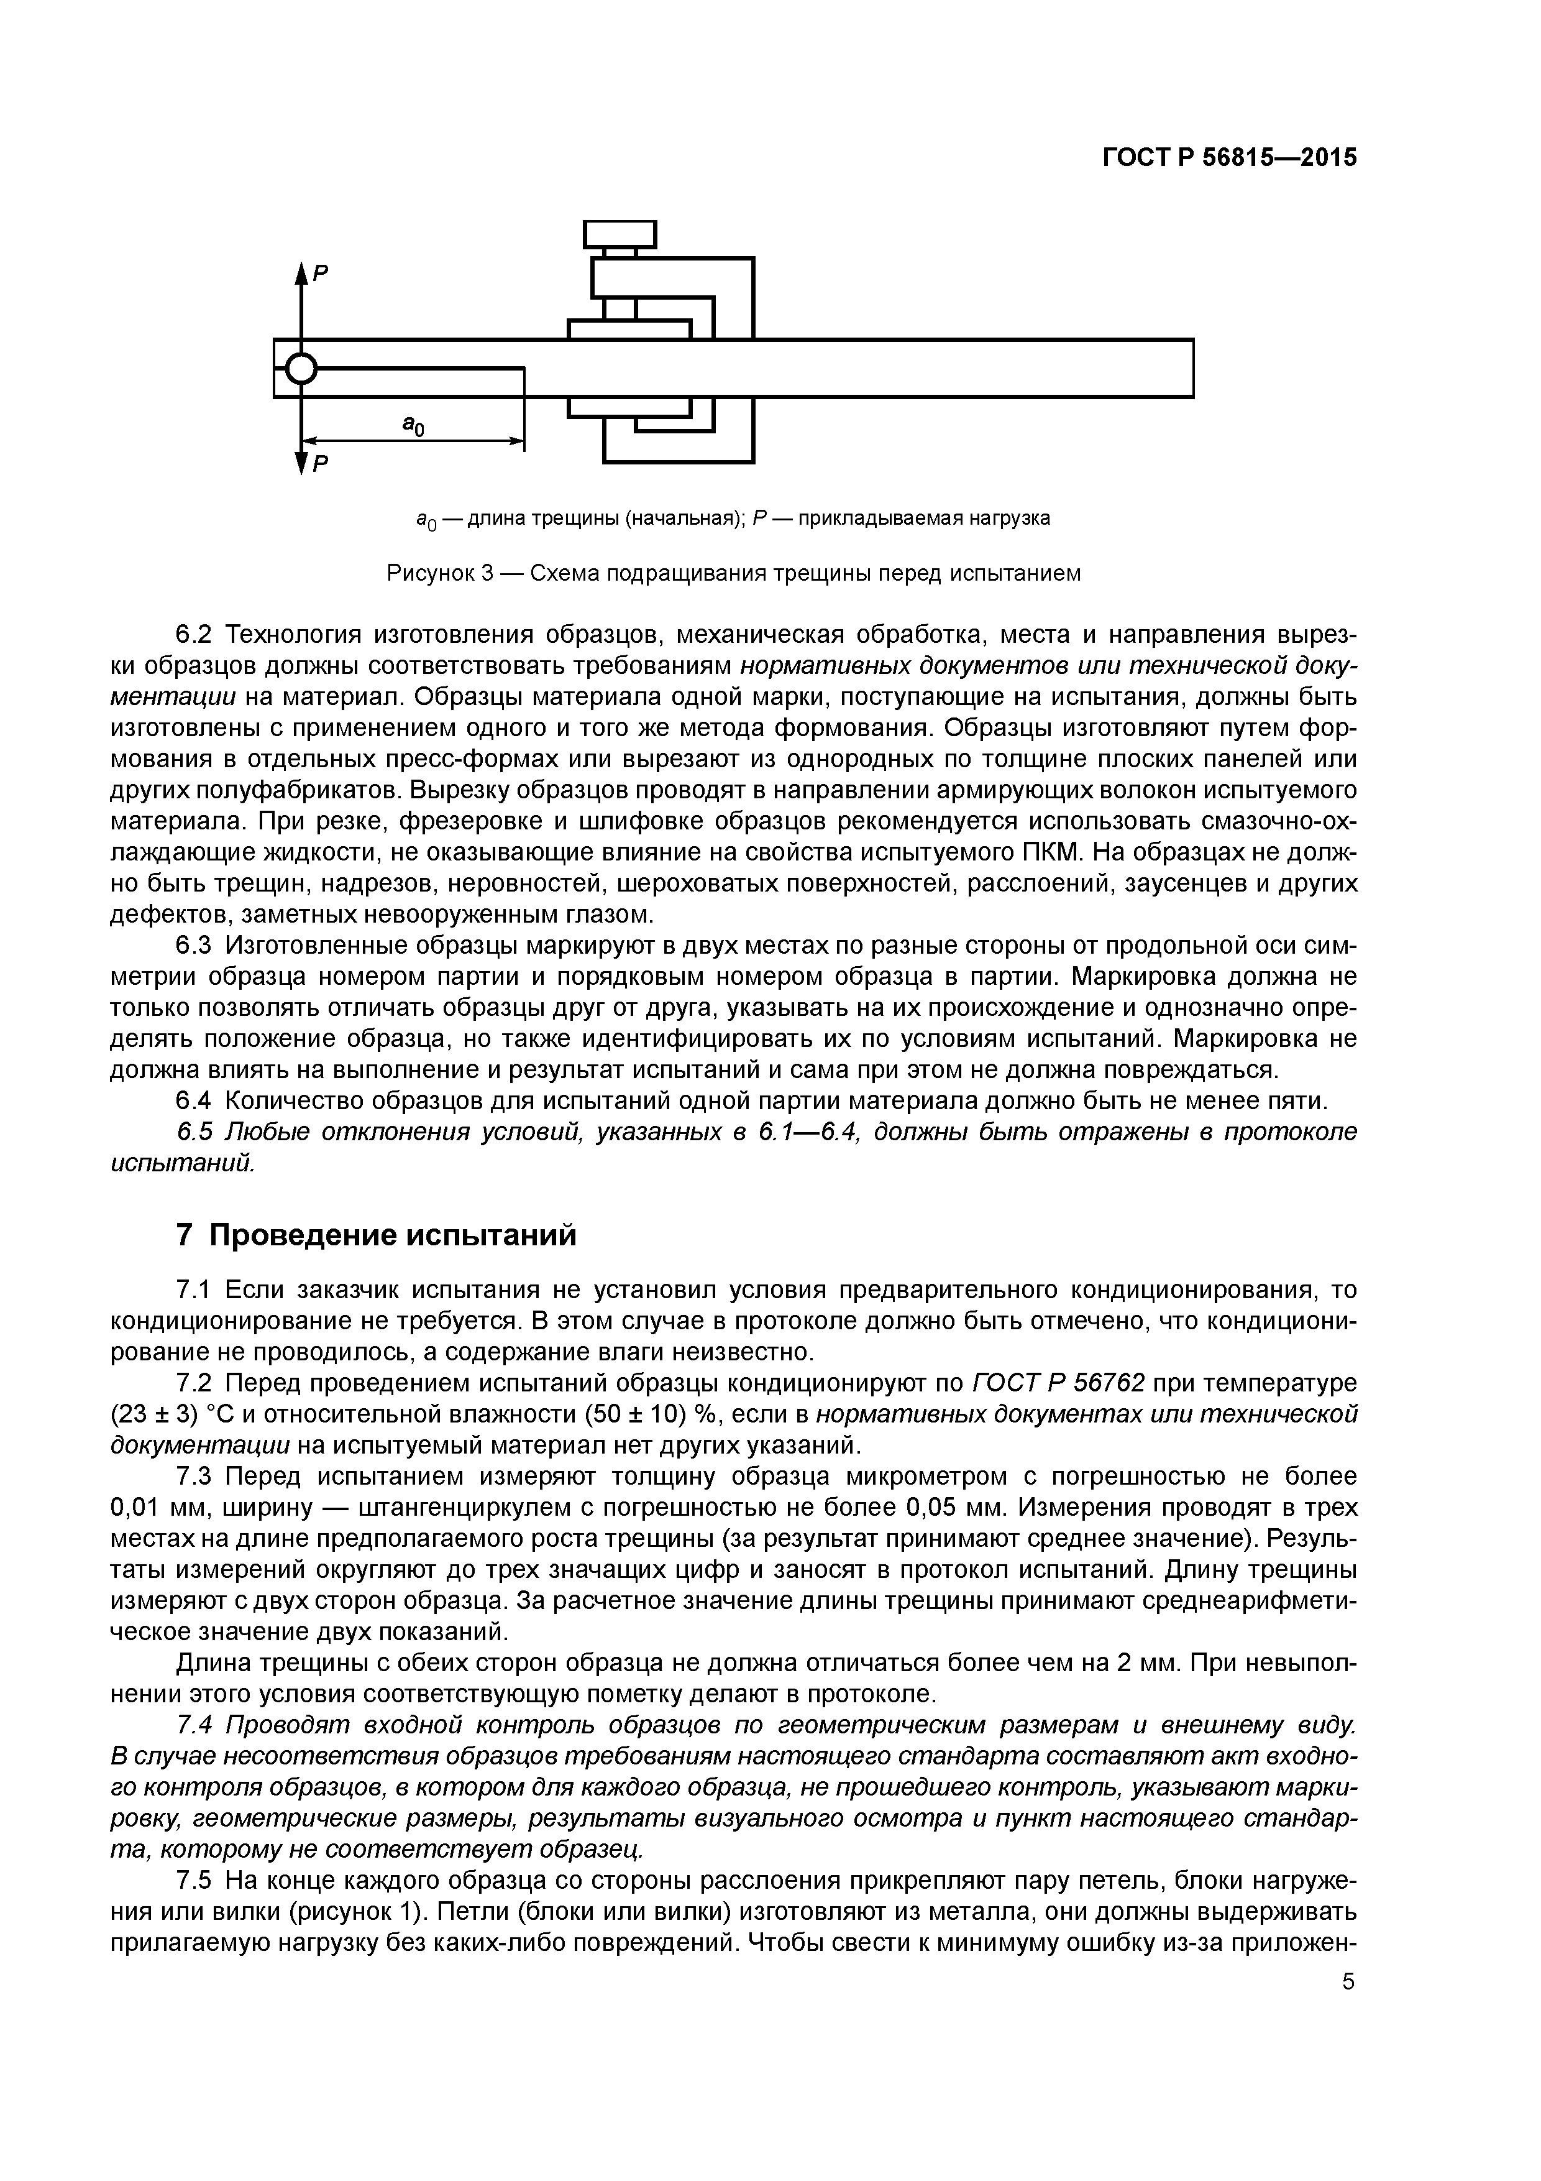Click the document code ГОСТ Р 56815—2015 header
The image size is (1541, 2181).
pos(1230,158)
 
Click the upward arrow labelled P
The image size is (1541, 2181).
pos(302,285)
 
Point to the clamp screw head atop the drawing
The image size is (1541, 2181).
pos(620,234)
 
